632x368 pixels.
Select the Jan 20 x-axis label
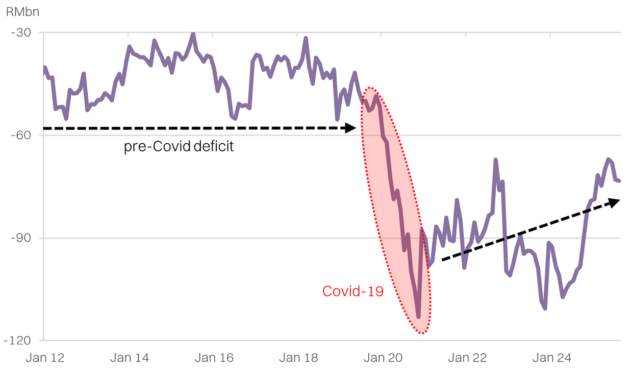point(381,357)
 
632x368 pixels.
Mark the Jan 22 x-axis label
point(466,357)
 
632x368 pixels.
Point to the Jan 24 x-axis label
point(550,357)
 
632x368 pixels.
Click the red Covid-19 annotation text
point(353,292)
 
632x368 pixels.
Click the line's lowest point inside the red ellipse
point(418,317)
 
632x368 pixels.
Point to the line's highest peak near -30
point(193,34)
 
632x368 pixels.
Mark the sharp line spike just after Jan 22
point(495,160)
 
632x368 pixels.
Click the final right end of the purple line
point(619,181)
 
